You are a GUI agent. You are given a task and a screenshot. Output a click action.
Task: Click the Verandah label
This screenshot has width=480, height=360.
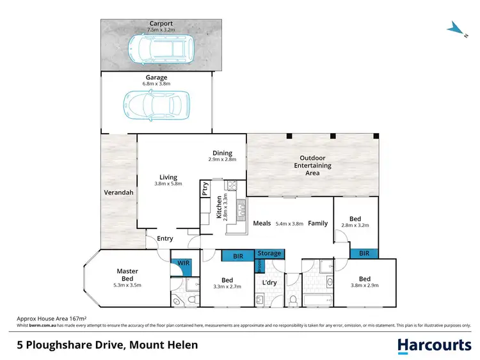pyautogui.click(x=118, y=192)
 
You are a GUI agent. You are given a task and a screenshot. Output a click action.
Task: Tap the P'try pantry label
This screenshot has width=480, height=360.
pyautogui.click(x=205, y=190)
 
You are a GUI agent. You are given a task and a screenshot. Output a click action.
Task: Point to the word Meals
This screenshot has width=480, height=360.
pyautogui.click(x=261, y=223)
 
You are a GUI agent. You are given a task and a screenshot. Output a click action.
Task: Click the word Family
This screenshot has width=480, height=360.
pyautogui.click(x=317, y=223)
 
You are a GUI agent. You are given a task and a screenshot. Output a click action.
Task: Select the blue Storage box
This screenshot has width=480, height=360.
pyautogui.click(x=269, y=253)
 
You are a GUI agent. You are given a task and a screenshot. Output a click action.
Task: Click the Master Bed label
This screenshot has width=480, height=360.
pyautogui.click(x=127, y=275)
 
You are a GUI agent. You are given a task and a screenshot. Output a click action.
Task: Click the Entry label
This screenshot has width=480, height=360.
pyautogui.click(x=165, y=239)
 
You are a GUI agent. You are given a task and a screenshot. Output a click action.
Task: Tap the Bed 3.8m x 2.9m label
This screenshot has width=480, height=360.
pyautogui.click(x=364, y=282)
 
